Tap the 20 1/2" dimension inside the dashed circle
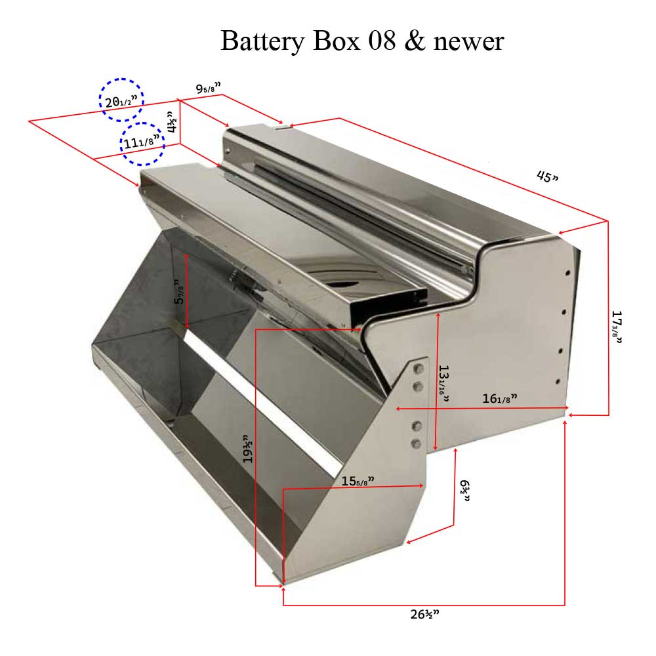pyautogui.click(x=121, y=101)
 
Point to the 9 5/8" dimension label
pyautogui.click(x=209, y=88)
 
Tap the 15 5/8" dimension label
pyautogui.click(x=358, y=481)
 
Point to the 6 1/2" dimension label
pyautogui.click(x=465, y=490)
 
